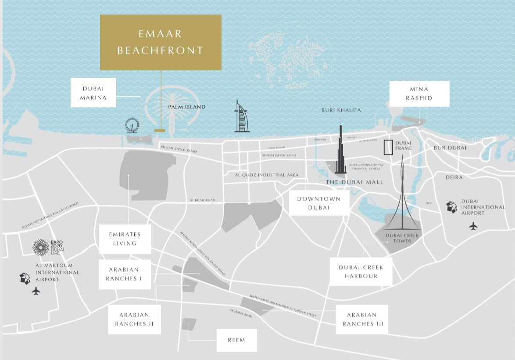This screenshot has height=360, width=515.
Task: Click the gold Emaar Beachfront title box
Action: pyautogui.click(x=161, y=43)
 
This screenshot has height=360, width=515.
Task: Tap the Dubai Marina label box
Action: pyautogui.click(x=93, y=93)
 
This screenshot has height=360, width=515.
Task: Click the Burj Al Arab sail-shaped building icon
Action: pyautogui.click(x=241, y=117)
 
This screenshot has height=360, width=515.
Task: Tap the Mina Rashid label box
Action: pyautogui.click(x=419, y=94)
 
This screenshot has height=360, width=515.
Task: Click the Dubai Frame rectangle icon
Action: pyautogui.click(x=388, y=148)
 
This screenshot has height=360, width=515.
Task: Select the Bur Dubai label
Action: pyautogui.click(x=450, y=148)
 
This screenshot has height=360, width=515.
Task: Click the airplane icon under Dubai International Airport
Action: pyautogui.click(x=473, y=226)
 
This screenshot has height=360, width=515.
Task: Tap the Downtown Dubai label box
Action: pyautogui.click(x=319, y=203)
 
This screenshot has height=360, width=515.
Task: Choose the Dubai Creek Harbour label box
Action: pyautogui.click(x=361, y=272)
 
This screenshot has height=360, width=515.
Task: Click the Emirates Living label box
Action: pyautogui.click(x=125, y=239)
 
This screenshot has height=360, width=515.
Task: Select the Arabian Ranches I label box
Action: pyautogui.click(x=124, y=274)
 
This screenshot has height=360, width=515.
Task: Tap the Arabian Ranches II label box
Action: pyautogui.click(x=135, y=319)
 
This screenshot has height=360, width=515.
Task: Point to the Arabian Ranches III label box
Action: pyautogui.click(x=362, y=319)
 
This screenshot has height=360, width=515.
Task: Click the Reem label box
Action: pyautogui.click(x=236, y=340)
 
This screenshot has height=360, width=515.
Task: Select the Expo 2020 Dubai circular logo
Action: pyautogui.click(x=41, y=247)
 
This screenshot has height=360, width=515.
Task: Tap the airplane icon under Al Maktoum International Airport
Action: pyautogui.click(x=36, y=291)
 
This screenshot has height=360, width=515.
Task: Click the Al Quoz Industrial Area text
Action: pyautogui.click(x=267, y=175)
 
